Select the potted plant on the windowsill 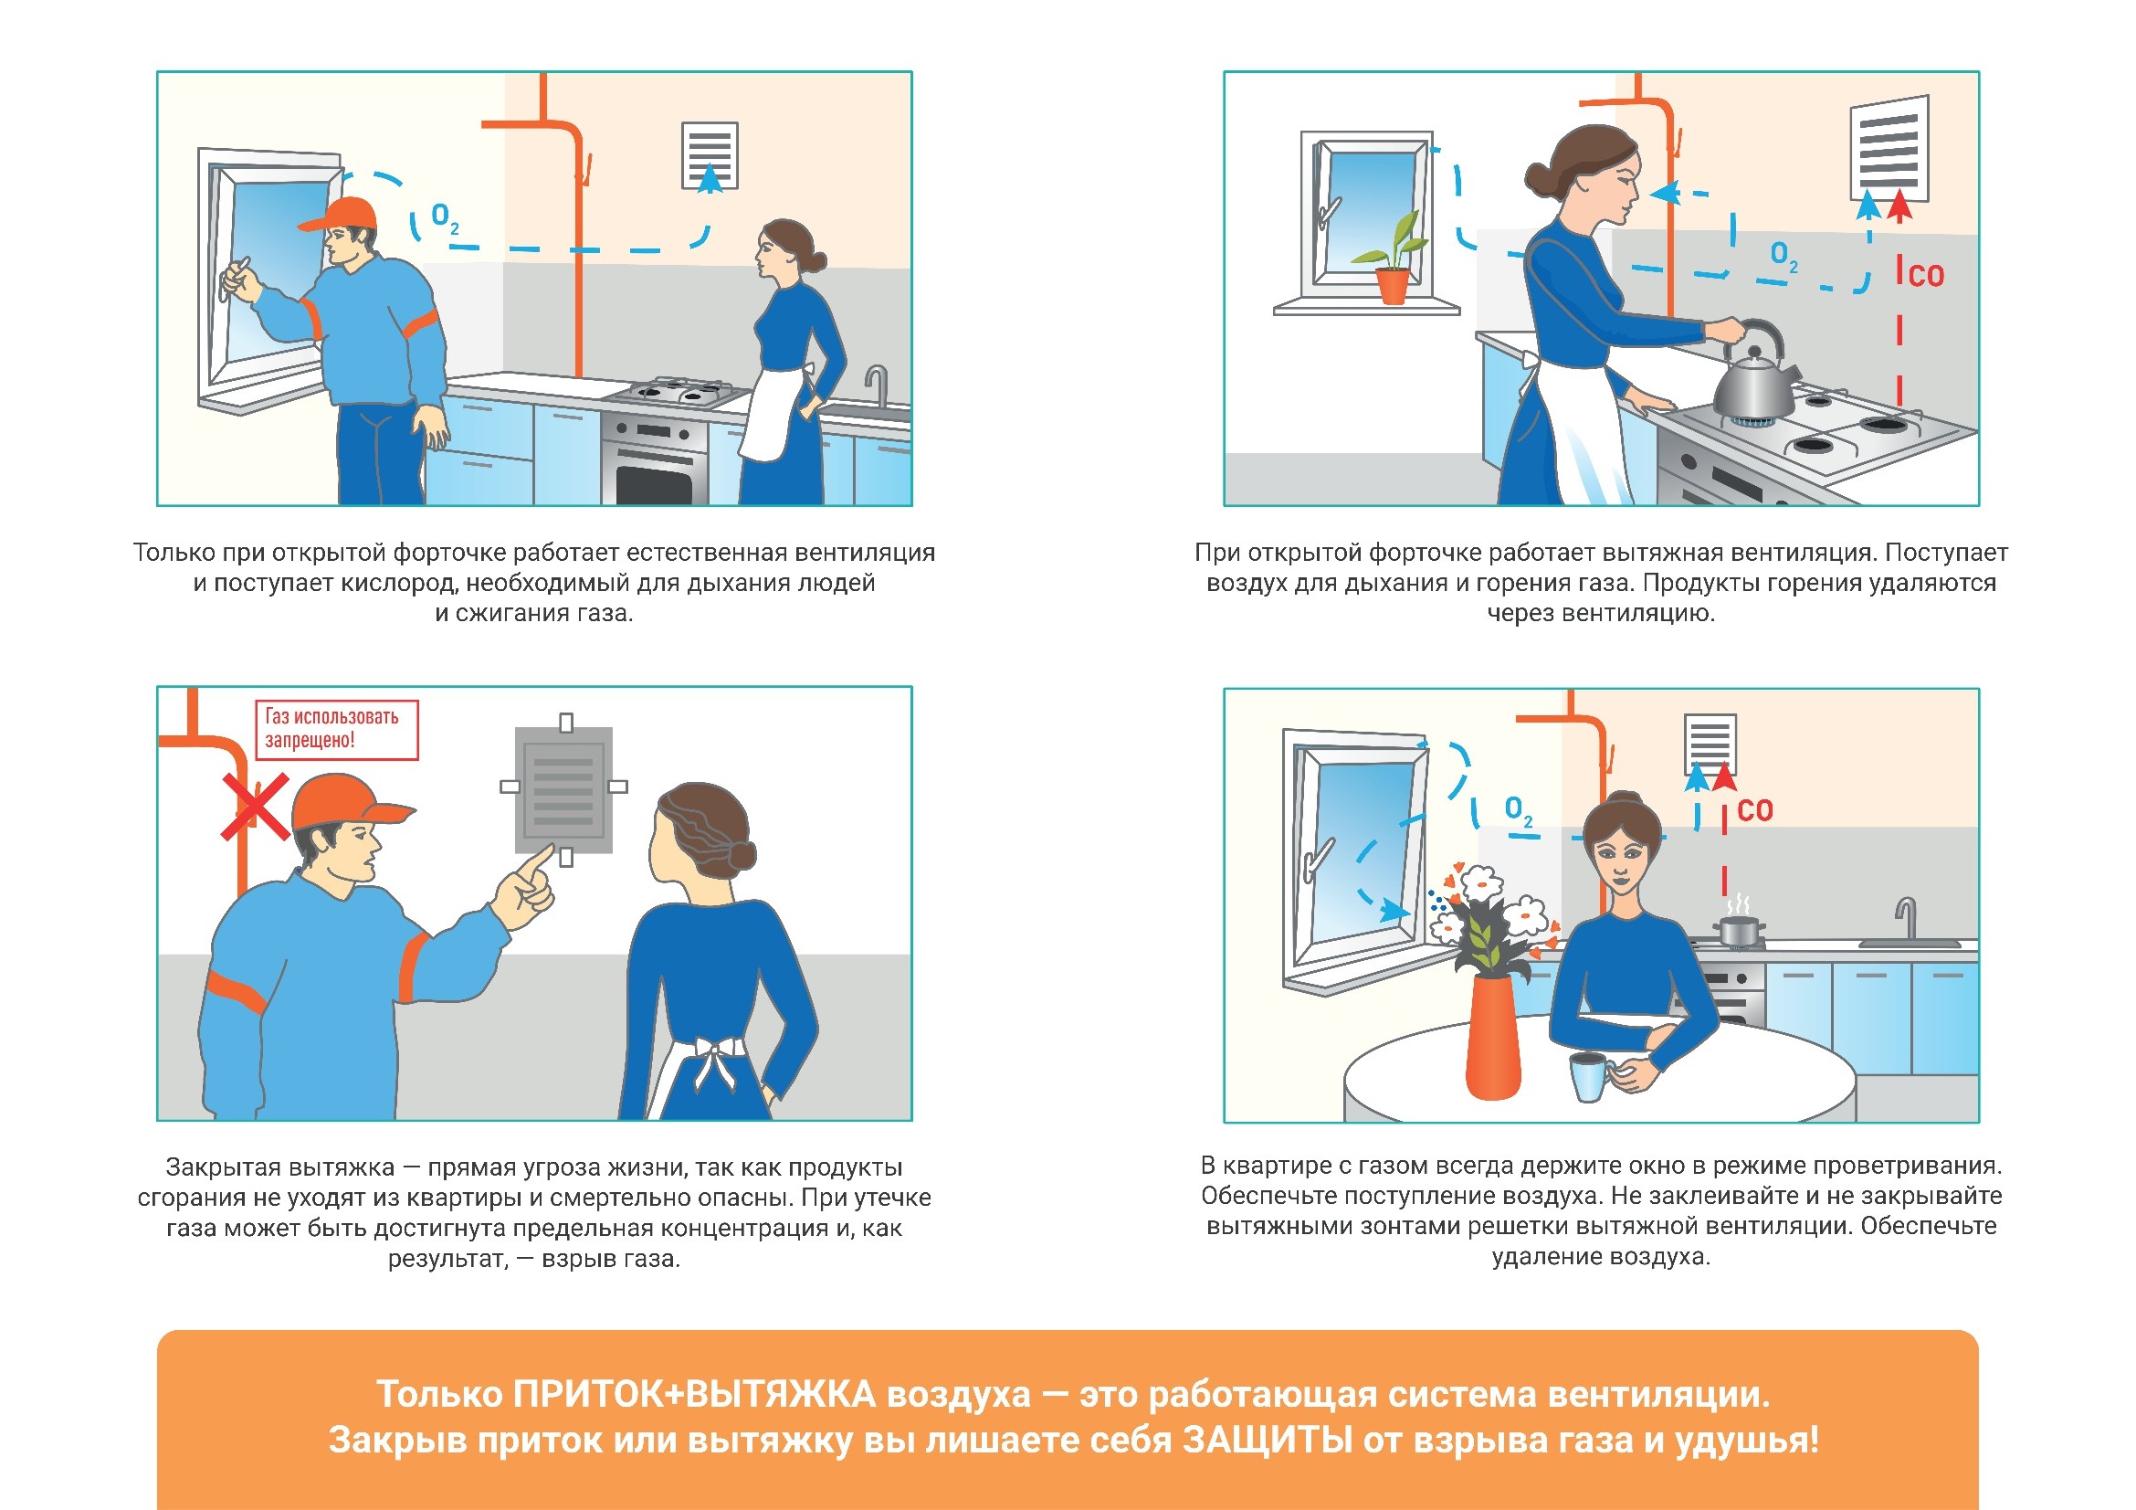point(1392,260)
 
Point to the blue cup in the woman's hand point(1590,1076)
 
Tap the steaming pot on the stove point(1740,927)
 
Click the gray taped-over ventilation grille point(563,790)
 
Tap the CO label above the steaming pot point(1754,810)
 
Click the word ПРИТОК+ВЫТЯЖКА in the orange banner point(695,1394)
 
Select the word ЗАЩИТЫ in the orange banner point(1268,1441)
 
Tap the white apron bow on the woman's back point(716,1059)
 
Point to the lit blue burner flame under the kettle point(1753,424)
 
